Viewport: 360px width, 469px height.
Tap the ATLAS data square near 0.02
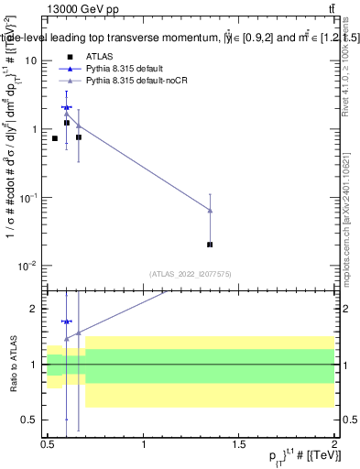(211, 245)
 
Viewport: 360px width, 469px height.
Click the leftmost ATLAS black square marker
(55, 138)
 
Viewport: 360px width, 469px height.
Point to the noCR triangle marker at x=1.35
(211, 211)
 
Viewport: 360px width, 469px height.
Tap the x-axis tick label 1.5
(238, 443)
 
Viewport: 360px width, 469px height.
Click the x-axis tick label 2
(333, 443)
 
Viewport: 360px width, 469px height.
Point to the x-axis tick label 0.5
(48, 443)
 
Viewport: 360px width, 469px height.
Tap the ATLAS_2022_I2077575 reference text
(189, 273)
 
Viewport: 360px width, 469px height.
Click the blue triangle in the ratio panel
(66, 322)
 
